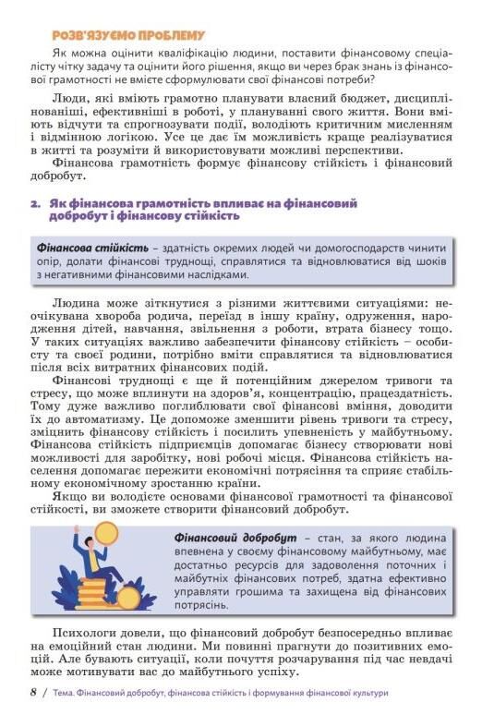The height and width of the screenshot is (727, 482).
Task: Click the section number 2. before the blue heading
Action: pyautogui.click(x=34, y=203)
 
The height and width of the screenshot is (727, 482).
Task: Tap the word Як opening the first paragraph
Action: pyautogui.click(x=60, y=55)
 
